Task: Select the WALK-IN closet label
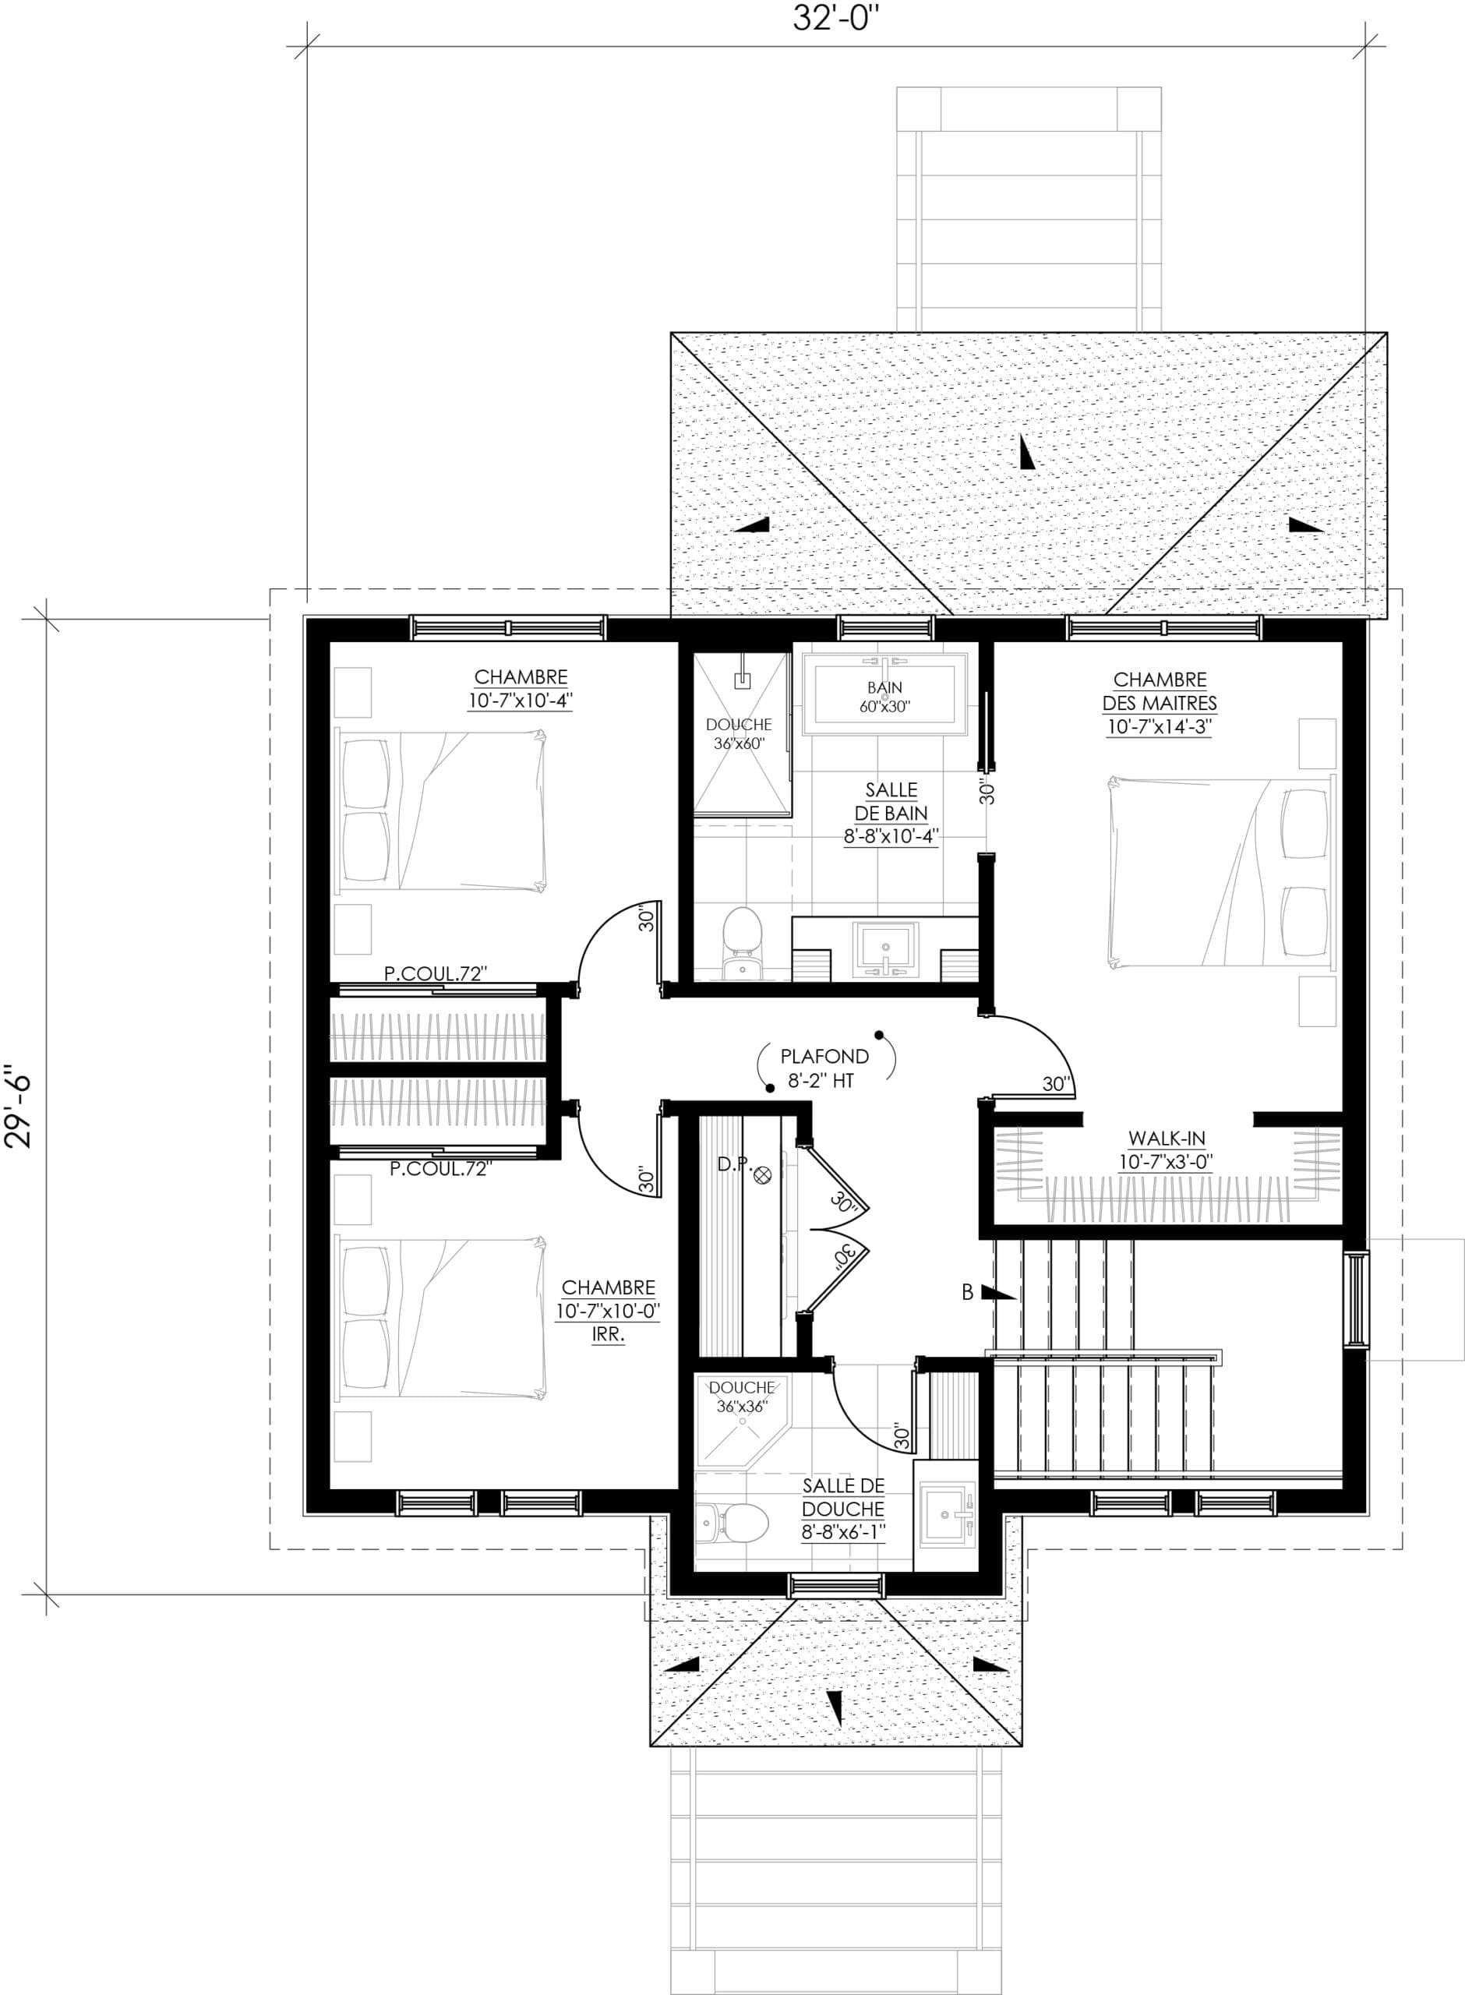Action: coord(1166,1138)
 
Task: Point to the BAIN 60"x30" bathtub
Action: coord(885,694)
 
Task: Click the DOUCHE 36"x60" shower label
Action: coord(740,734)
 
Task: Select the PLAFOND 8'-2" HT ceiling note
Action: coord(824,1068)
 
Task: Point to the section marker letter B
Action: coord(968,1293)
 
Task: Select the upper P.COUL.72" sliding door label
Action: coord(436,973)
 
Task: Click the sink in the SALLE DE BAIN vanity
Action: coord(885,948)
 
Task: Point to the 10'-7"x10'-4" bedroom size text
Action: coord(521,700)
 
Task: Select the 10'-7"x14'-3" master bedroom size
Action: coord(1159,727)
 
